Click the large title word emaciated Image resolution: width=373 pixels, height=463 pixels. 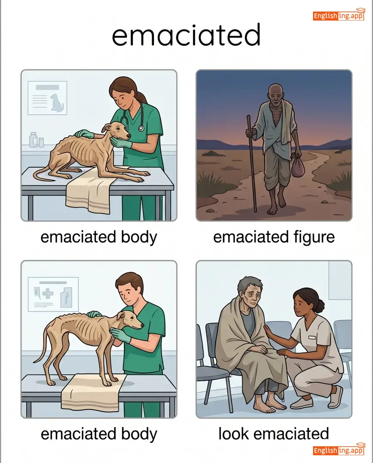click(186, 35)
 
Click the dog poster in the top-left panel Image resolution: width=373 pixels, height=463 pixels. click(47, 98)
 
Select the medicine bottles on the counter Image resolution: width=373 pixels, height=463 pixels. click(36, 140)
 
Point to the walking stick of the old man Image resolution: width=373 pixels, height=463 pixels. click(252, 163)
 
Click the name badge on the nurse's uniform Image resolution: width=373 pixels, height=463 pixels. click(312, 337)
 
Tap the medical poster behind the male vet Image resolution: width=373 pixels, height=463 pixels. click(53, 294)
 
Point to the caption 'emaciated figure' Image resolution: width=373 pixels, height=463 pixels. click(274, 237)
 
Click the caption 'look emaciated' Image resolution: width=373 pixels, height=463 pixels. click(274, 433)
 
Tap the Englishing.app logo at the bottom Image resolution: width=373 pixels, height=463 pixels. click(339, 449)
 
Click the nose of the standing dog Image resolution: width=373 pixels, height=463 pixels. click(142, 325)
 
